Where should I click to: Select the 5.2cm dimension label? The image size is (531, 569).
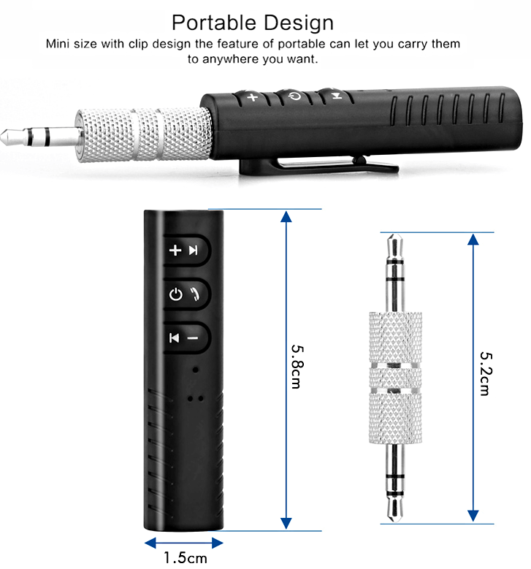pos(484,370)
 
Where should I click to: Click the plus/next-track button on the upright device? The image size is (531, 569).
pos(184,251)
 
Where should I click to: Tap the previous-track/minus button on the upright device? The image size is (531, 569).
pos(184,337)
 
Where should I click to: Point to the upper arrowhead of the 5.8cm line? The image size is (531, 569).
pos(286,217)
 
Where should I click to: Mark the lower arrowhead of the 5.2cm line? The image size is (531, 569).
pos(473,514)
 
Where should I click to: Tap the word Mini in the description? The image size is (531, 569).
pos(59,43)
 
